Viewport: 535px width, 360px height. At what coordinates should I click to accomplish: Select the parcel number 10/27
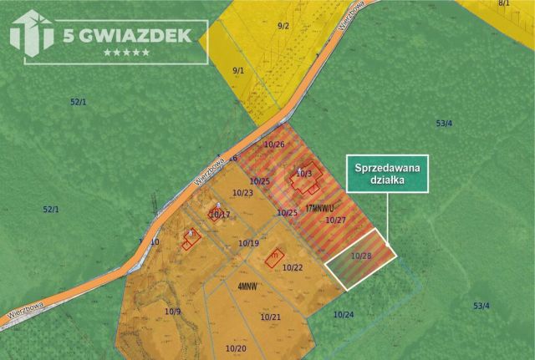336,220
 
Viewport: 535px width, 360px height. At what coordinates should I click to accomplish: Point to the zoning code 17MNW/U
321,205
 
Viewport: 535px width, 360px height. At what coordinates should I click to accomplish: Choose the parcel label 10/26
274,145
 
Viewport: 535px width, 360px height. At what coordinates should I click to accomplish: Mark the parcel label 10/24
343,314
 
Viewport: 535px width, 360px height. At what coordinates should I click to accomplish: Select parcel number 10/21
270,317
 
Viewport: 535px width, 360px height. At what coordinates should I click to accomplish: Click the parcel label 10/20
236,347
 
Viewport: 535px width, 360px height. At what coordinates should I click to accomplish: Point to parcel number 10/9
173,312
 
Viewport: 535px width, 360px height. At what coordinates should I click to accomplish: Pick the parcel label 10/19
248,243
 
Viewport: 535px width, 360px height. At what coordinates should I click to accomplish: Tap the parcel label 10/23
242,193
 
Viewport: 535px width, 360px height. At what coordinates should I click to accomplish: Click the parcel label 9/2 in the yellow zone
283,27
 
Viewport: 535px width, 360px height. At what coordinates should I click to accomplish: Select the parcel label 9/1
237,70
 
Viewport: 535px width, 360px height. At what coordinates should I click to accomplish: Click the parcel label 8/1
503,4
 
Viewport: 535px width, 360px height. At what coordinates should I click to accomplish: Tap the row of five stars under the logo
126,53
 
